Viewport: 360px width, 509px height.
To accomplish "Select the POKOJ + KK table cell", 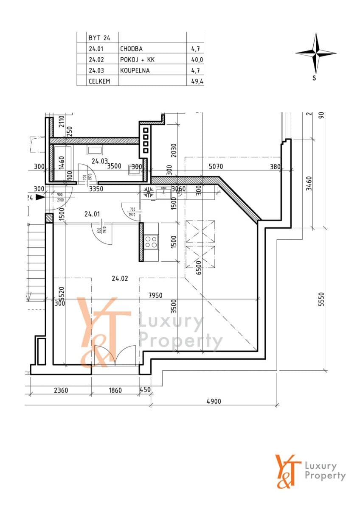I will coord(137,60).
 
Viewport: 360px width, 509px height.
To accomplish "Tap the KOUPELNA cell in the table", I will coord(135,70).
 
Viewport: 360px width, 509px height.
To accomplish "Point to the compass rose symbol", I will coord(315,54).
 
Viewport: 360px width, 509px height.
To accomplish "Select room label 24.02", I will coord(120,279).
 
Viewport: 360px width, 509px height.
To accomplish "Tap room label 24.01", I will coord(92,214).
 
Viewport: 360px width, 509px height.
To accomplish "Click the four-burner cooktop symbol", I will coord(151,242).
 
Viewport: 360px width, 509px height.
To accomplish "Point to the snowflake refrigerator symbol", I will coord(149,192).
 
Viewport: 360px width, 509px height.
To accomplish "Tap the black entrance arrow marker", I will coord(39,197).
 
